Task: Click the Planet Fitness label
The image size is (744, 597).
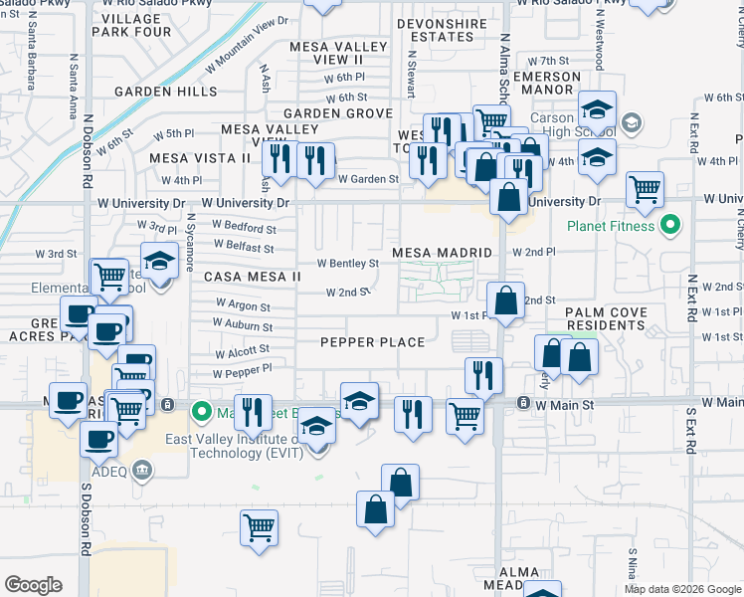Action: tap(612, 226)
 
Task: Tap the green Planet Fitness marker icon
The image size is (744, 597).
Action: tap(669, 226)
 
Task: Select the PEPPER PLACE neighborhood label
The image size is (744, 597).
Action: tap(372, 342)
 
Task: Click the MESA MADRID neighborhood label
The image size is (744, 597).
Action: tap(443, 253)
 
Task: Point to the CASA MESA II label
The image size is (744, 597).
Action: tap(253, 276)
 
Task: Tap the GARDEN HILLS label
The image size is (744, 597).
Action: tap(165, 92)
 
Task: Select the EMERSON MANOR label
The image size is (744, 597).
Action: tap(547, 84)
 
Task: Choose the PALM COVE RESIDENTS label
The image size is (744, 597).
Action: tap(606, 318)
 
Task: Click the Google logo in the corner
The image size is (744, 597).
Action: tap(33, 584)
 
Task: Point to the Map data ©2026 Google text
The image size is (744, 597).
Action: tap(682, 589)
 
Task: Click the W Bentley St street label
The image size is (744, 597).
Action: tap(347, 264)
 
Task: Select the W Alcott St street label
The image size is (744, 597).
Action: tap(242, 351)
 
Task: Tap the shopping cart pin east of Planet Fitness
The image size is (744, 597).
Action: tap(646, 186)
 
